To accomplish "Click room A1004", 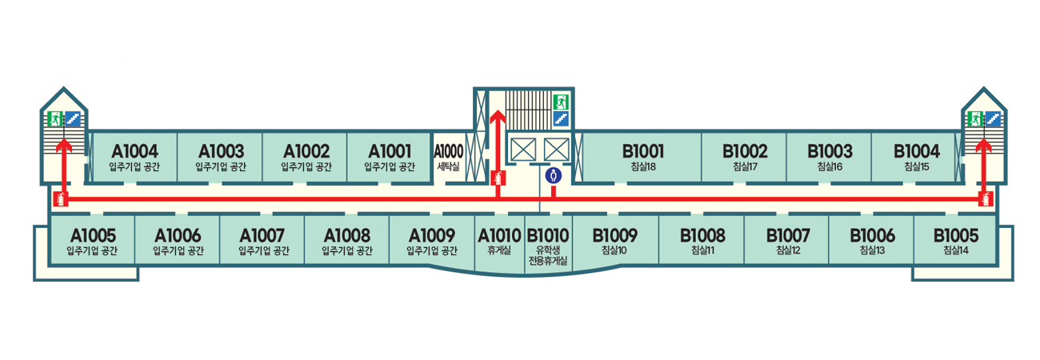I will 134,157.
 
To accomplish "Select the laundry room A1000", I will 448,157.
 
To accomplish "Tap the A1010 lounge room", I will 499,240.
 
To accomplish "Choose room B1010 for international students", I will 548,243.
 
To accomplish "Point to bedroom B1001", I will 642,157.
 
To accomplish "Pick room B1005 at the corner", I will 955,240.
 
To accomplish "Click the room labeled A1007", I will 263,240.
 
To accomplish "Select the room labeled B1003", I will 829,157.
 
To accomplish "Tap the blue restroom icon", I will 552,175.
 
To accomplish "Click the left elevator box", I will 522,149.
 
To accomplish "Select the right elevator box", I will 555,149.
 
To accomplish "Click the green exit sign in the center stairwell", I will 561,102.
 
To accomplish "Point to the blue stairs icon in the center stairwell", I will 561,118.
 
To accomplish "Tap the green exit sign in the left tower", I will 55,118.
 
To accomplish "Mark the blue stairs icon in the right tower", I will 994,118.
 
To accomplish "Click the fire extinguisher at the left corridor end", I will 58,199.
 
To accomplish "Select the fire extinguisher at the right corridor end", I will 987,199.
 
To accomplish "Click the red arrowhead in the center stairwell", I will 496,117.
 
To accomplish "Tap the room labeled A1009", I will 432,240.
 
